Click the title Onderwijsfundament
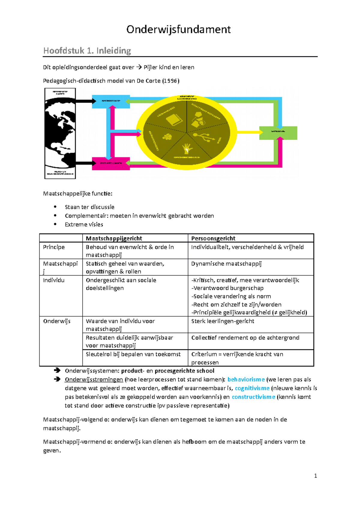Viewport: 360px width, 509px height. (178, 29)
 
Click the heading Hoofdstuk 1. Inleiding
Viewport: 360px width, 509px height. (87, 50)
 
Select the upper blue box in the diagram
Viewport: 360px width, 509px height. (111, 101)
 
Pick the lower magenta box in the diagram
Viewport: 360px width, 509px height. (111, 163)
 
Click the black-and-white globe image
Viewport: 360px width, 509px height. (60, 133)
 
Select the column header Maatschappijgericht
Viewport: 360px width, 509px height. (114, 238)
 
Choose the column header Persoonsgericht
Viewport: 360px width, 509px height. (213, 238)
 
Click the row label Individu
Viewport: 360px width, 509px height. (54, 280)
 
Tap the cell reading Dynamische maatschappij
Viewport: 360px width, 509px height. (226, 264)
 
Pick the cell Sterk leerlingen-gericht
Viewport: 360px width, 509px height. (223, 321)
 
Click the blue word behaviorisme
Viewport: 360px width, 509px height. (246, 380)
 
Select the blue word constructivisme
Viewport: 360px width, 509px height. (253, 397)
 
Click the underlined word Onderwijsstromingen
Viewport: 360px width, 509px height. (94, 380)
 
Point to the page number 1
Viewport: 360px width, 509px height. (315, 476)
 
